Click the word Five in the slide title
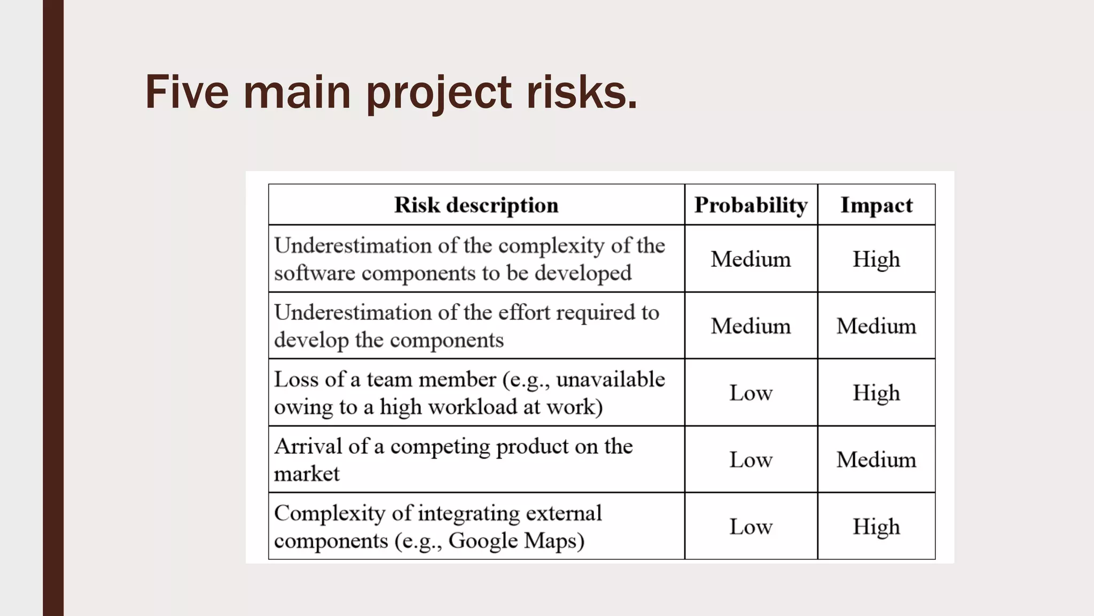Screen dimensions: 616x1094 coord(187,92)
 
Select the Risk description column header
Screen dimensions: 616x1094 coord(476,205)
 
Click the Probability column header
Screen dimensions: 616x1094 coord(751,205)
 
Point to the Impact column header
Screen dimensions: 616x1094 coord(876,205)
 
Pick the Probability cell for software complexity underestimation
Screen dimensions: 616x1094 coord(751,259)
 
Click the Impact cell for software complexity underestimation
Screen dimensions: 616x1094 coord(876,259)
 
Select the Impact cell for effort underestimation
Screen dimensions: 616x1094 coord(876,326)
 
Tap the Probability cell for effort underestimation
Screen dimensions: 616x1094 coord(751,326)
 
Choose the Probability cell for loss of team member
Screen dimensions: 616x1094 coord(751,393)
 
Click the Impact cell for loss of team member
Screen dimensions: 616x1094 coord(876,393)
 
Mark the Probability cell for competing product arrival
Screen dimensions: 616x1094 coord(751,460)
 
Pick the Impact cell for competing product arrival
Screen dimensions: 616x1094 coord(876,460)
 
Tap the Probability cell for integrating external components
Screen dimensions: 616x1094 coord(751,527)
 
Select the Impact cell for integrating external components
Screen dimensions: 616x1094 coord(876,527)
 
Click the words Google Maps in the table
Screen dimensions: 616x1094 coord(512,541)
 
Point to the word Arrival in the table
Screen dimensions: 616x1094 coord(308,446)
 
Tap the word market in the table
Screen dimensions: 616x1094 coord(307,474)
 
